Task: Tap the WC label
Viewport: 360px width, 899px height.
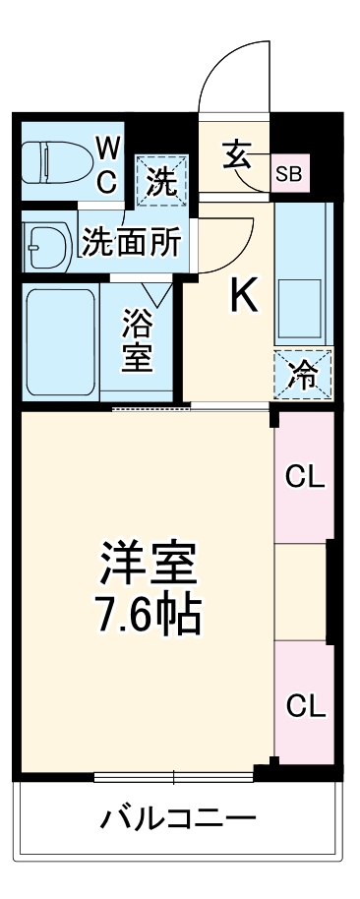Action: point(107,164)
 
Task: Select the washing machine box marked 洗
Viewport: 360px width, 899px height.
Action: point(158,179)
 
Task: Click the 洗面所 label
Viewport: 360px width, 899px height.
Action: point(131,242)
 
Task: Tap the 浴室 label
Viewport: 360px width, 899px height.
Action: point(137,341)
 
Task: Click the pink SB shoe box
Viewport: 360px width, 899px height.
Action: point(290,174)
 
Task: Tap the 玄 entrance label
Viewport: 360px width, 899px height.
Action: point(239,156)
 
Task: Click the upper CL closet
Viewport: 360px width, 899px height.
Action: point(304,477)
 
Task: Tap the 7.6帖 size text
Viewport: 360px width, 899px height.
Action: point(148,617)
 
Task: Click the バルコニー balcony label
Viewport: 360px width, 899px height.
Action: point(178,818)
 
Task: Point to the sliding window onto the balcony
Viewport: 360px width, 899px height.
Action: point(174,776)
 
